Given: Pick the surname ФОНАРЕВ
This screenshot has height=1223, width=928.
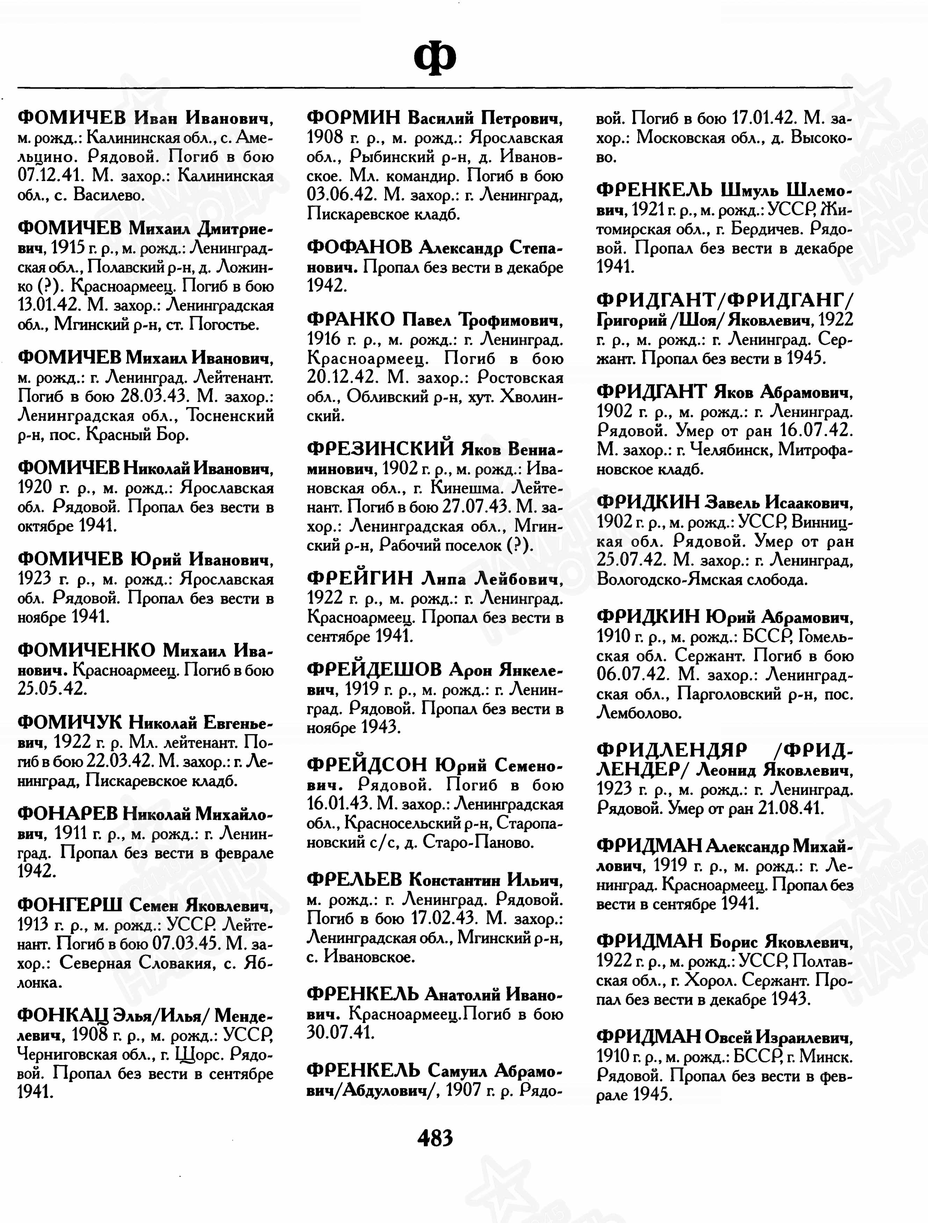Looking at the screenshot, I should coord(67,814).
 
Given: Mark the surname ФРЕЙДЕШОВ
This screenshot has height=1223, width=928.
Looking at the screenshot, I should coord(374,670).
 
